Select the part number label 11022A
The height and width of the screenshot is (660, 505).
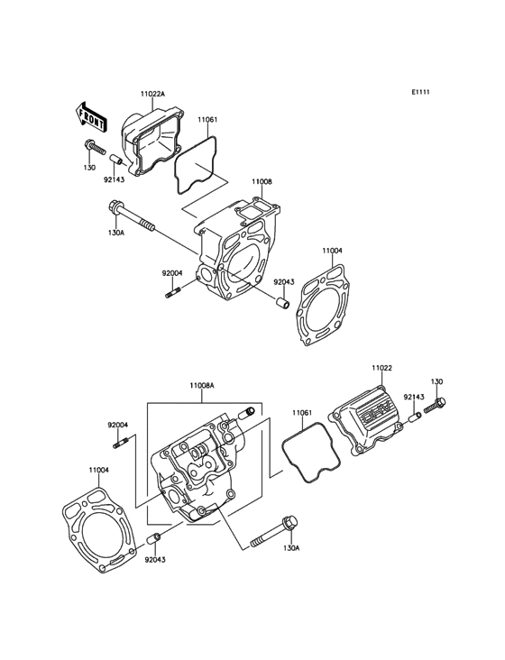pos(152,93)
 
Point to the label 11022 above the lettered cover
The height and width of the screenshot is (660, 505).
pos(383,369)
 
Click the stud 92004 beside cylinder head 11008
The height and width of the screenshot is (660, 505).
pos(173,291)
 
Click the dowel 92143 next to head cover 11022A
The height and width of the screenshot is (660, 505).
pos(115,161)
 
